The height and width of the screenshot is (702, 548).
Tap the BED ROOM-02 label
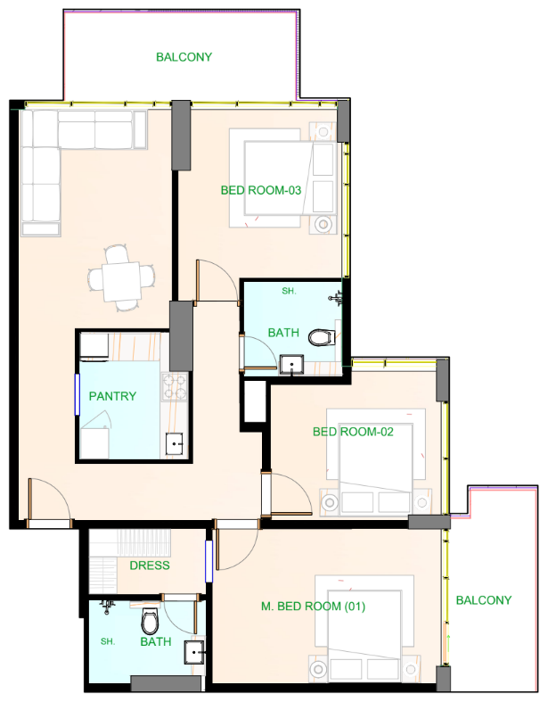click(x=353, y=433)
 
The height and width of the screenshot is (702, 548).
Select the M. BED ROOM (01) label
click(x=314, y=607)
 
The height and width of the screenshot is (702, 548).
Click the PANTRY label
click(x=113, y=396)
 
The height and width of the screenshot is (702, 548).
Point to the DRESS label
click(x=150, y=566)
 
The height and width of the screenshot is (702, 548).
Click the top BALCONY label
click(x=184, y=57)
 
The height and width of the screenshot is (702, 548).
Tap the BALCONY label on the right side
click(x=484, y=600)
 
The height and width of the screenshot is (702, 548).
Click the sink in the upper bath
click(x=290, y=363)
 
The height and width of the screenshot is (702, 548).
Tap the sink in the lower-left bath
click(x=195, y=653)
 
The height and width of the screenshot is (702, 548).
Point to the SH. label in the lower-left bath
click(x=107, y=641)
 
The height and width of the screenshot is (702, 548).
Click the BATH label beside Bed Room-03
click(x=283, y=333)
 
